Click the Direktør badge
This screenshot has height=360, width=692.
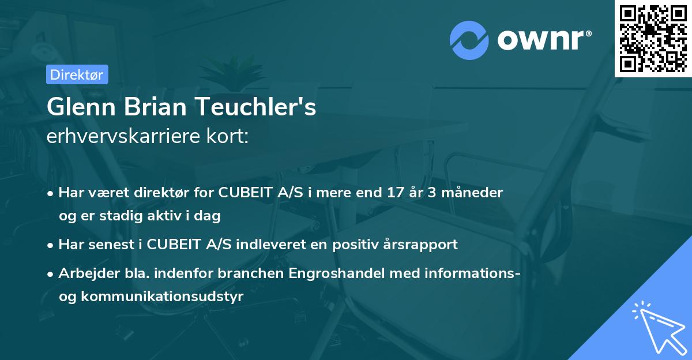tap(76, 74)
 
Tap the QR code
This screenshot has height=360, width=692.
tap(653, 38)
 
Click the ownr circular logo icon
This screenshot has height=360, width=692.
tap(469, 40)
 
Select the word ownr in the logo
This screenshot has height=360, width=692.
tap(543, 40)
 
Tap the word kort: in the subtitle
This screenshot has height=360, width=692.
tap(230, 137)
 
